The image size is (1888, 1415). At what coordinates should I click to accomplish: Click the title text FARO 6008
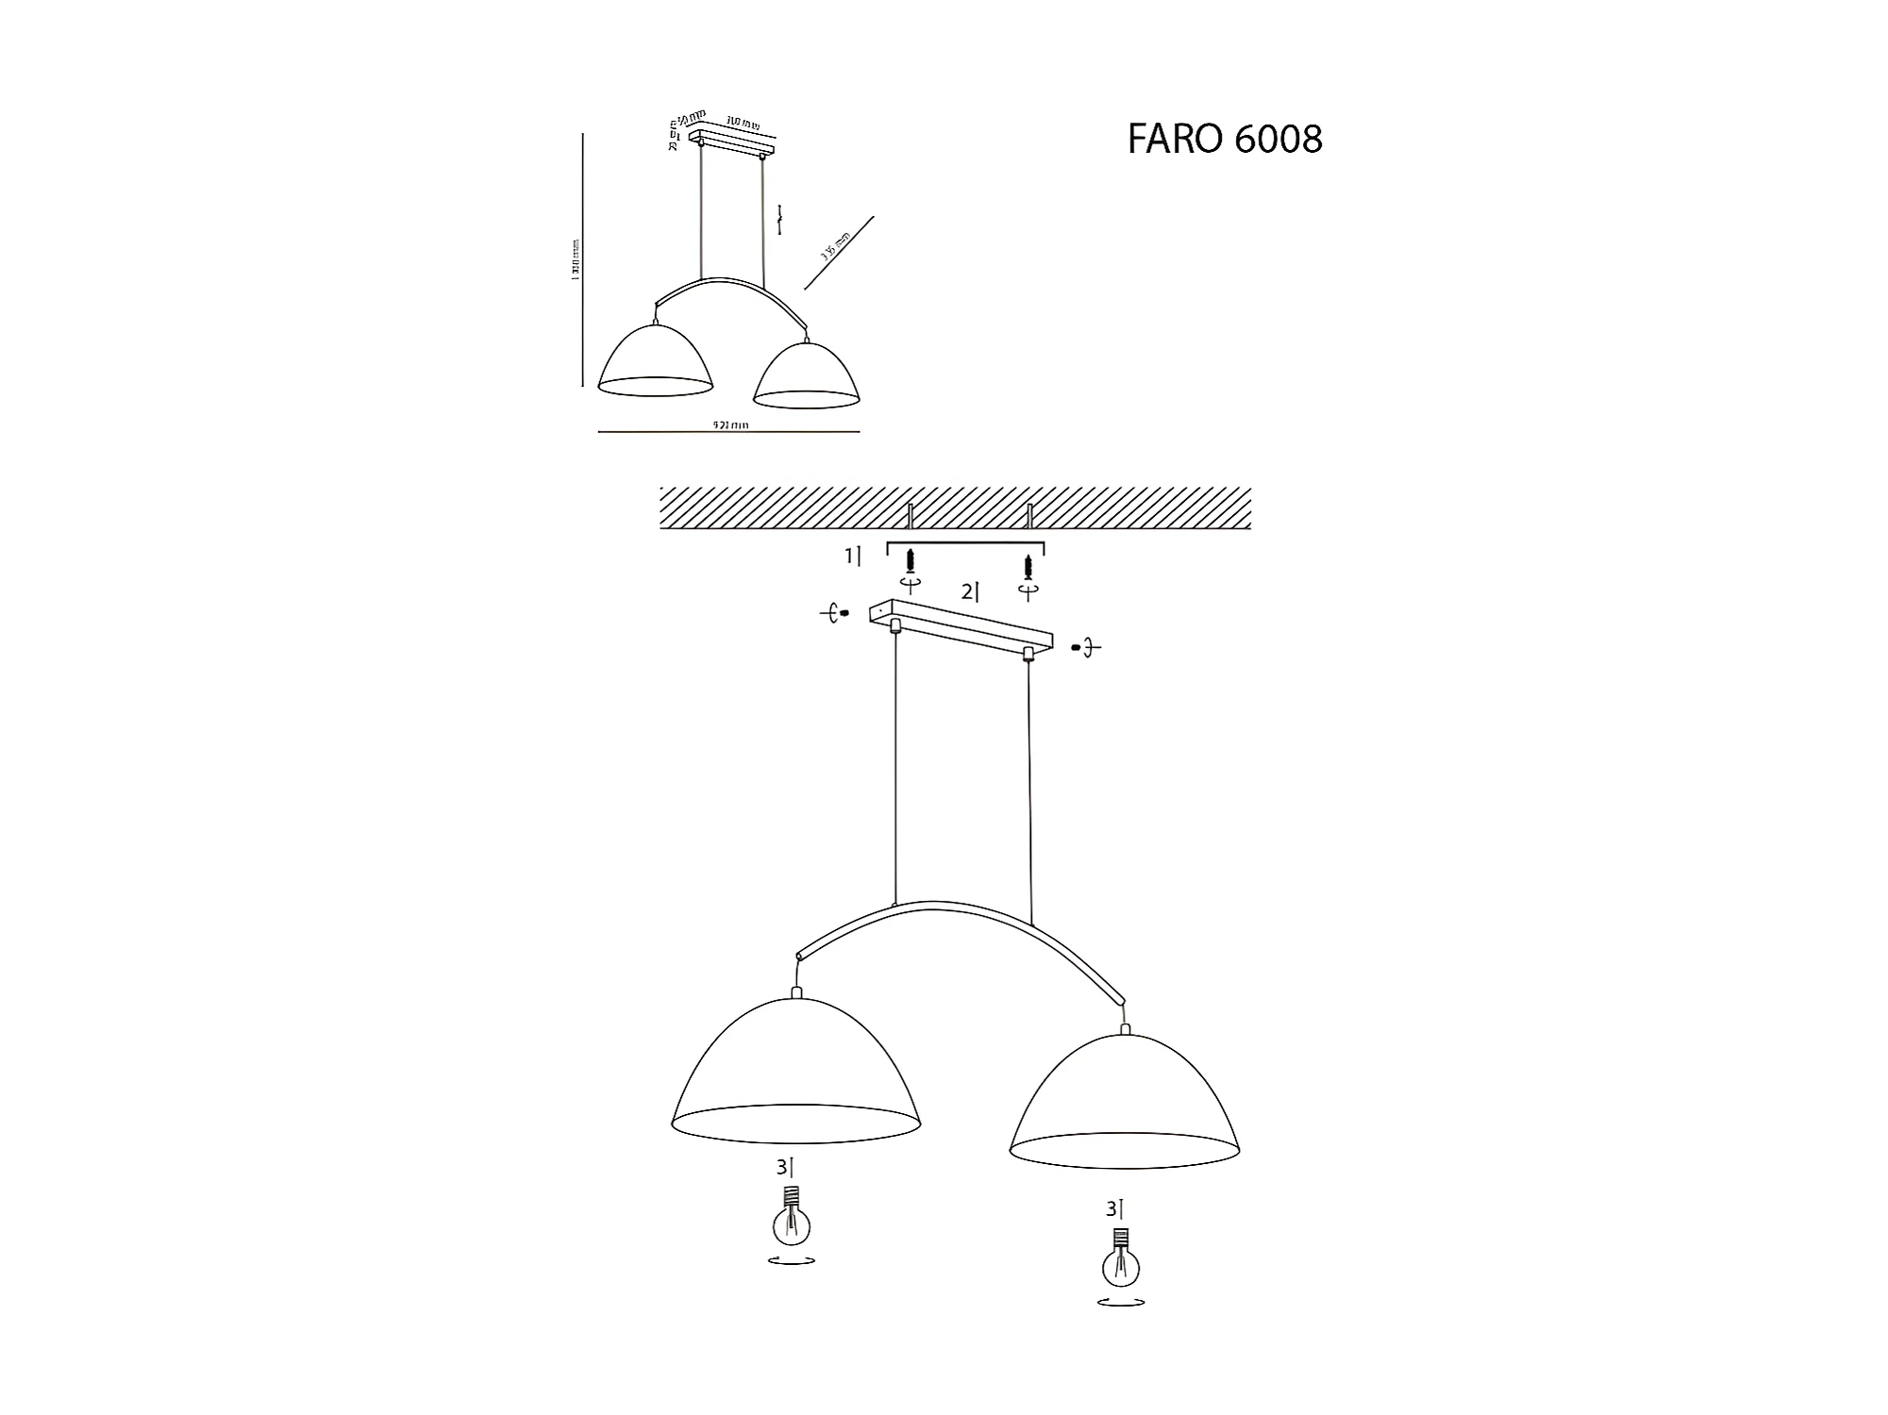point(1224,140)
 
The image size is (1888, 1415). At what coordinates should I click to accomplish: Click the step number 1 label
point(852,557)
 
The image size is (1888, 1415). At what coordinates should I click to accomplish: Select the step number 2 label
point(970,592)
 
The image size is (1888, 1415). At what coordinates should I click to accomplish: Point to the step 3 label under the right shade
point(1114,1208)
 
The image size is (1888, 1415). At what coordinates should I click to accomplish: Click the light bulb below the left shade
point(792,1218)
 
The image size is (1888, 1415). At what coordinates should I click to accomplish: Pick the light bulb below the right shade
point(1121,1260)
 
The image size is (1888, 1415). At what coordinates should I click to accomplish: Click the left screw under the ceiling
point(911,563)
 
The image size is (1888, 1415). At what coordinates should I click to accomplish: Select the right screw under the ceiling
point(1028,567)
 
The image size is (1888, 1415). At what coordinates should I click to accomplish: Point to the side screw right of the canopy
point(1077,648)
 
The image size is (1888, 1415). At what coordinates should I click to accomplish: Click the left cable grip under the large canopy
point(895,624)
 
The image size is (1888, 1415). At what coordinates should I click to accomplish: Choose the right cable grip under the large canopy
point(1028,653)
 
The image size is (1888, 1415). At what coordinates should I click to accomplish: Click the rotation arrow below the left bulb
point(792,1260)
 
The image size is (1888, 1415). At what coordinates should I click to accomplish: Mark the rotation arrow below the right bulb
point(1121,1303)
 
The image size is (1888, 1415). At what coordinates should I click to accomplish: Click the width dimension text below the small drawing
point(730,425)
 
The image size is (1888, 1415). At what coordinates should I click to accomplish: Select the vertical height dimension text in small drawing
point(576,258)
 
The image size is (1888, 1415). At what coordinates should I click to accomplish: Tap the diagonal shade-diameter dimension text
point(836,246)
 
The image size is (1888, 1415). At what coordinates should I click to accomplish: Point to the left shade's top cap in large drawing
point(796,992)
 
